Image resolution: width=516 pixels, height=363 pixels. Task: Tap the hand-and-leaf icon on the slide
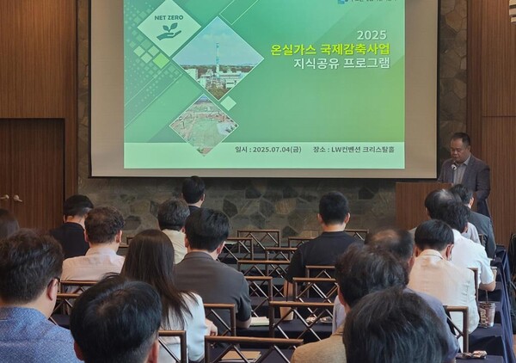pos(169,30)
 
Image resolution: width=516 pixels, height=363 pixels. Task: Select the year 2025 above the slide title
pos(371,35)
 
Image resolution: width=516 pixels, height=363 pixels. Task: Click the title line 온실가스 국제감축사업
pos(341,49)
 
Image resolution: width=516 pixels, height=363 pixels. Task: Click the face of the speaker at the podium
pos(461,147)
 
